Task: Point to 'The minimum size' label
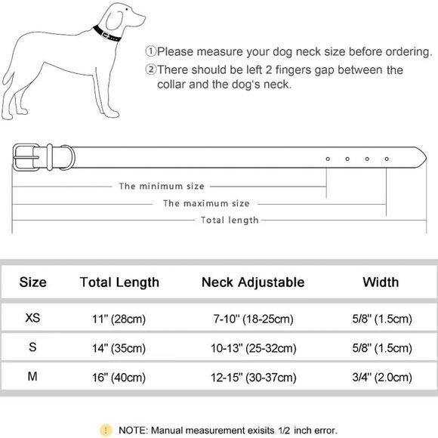[x=162, y=186]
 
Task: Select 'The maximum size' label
[x=206, y=203]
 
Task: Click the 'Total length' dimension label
[x=230, y=220]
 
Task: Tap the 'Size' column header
[x=32, y=282]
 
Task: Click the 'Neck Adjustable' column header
[x=253, y=282]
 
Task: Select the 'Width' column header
[x=381, y=282]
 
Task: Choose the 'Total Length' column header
[x=119, y=282]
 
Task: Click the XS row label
[x=33, y=319]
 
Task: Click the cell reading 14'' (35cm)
[x=119, y=348]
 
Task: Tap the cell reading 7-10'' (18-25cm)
[x=253, y=319]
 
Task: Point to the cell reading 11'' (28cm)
[x=119, y=319]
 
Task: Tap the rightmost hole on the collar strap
[x=387, y=159]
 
